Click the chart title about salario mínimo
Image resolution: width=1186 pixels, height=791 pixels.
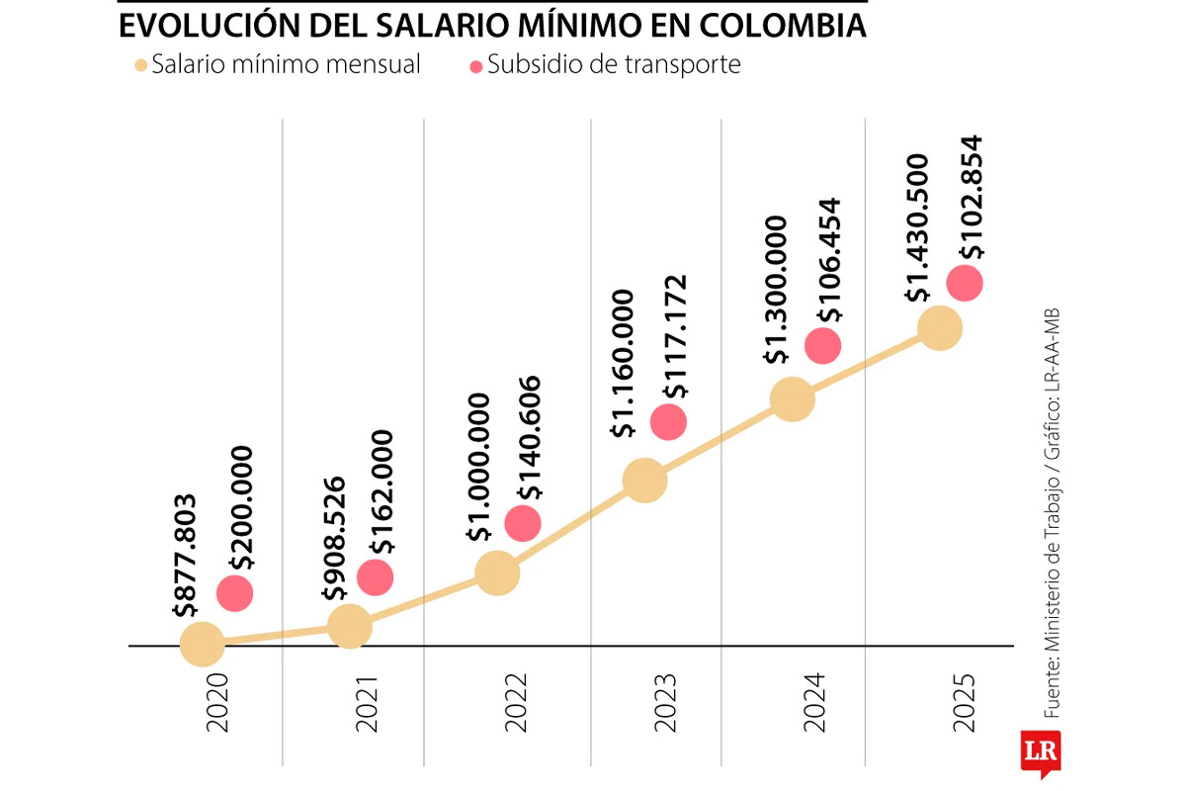tap(492, 24)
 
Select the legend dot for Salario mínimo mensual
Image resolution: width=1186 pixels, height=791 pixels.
tap(140, 66)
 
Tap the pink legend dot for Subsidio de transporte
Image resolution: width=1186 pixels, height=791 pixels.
tap(476, 66)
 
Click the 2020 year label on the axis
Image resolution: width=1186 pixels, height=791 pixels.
tap(217, 703)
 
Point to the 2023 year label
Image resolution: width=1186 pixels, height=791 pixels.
tap(665, 703)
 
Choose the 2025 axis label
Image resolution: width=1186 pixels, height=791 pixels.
tap(964, 703)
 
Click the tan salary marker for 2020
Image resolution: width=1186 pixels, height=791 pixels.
tap(202, 644)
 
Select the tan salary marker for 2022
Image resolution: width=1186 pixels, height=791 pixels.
tap(497, 572)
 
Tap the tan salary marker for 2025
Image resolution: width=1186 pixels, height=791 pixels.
tap(940, 327)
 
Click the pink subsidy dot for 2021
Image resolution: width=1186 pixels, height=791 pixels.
tap(376, 576)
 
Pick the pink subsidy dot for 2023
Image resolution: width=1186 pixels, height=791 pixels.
tap(669, 422)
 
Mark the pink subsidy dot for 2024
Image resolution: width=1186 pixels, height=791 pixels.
tap(822, 345)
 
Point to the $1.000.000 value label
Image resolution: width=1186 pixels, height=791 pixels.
tap(479, 467)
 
